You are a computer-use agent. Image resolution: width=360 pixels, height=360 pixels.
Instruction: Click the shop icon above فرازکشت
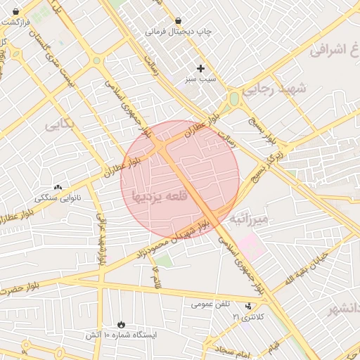click(x=15, y=11)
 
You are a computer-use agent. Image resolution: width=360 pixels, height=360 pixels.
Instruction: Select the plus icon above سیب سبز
click(x=201, y=69)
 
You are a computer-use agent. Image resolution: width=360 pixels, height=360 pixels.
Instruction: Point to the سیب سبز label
click(x=200, y=80)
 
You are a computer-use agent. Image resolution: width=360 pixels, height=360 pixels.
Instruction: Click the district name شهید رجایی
click(x=275, y=89)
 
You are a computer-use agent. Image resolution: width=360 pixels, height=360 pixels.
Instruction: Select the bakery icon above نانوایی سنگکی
click(x=58, y=188)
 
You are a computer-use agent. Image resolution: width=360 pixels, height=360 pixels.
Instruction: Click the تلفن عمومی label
click(x=211, y=304)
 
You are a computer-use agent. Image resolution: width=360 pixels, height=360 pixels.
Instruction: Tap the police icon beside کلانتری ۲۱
click(x=247, y=307)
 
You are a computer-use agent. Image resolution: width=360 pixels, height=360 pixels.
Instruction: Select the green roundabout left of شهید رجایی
click(x=234, y=99)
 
